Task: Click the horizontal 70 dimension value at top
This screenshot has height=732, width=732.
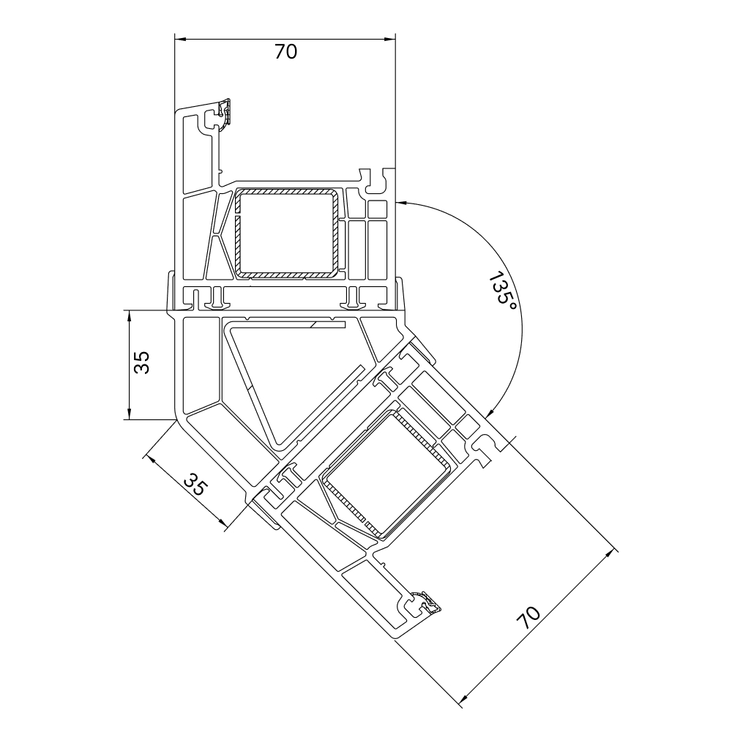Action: pos(285,51)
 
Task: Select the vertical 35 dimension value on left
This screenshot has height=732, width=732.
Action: pos(141,362)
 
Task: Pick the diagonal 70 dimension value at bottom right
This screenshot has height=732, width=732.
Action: pos(528,617)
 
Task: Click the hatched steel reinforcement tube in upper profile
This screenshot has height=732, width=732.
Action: pos(286,233)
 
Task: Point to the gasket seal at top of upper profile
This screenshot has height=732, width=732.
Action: pos(226,113)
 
